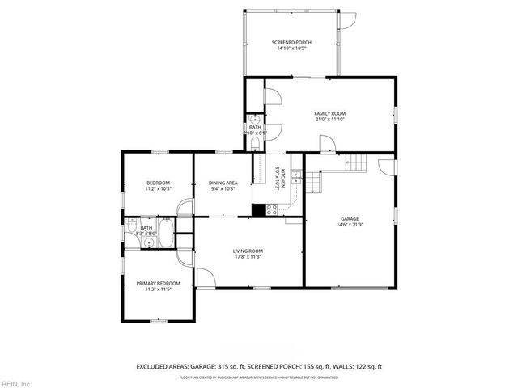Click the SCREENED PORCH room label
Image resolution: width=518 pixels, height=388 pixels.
pyautogui.click(x=291, y=42)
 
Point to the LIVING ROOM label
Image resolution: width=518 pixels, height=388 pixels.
pyautogui.click(x=249, y=251)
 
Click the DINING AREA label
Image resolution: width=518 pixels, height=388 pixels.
pyautogui.click(x=223, y=183)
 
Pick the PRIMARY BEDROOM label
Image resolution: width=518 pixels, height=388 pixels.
pyautogui.click(x=158, y=283)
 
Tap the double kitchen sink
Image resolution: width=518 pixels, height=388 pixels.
pyautogui.click(x=296, y=182)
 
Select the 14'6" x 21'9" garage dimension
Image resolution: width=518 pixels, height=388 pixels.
pyautogui.click(x=349, y=225)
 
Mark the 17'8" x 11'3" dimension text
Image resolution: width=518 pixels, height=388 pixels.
pyautogui.click(x=249, y=258)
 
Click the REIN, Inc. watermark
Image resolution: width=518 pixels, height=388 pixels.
pyautogui.click(x=16, y=382)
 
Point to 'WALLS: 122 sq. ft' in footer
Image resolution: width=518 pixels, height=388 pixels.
pyautogui.click(x=353, y=365)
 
